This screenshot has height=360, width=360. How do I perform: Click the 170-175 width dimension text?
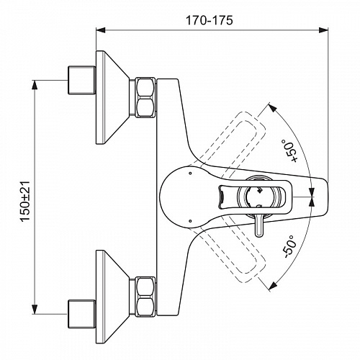[210, 20]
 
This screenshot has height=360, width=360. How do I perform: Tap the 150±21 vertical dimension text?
[26, 201]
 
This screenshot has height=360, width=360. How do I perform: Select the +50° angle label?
[291, 151]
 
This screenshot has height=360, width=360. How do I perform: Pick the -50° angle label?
[290, 246]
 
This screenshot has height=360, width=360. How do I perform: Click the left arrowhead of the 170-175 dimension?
[101, 30]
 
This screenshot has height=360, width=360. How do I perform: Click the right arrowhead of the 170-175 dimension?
[323, 30]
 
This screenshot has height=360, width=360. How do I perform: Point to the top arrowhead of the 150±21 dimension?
[35, 85]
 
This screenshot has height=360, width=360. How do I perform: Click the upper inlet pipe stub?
[81, 80]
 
